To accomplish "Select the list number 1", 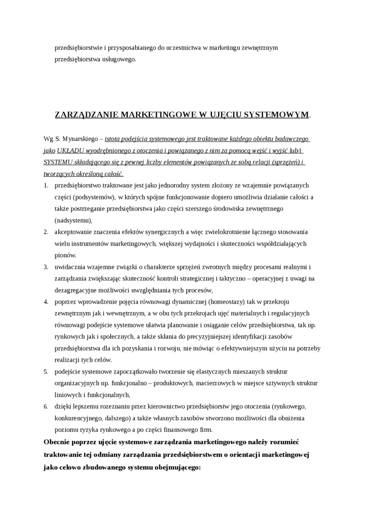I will coord(46,185).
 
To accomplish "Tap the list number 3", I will coord(46,267).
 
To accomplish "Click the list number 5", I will coord(46,372).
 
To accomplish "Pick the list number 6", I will coord(46,406).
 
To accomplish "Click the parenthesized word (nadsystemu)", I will coord(73,220).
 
